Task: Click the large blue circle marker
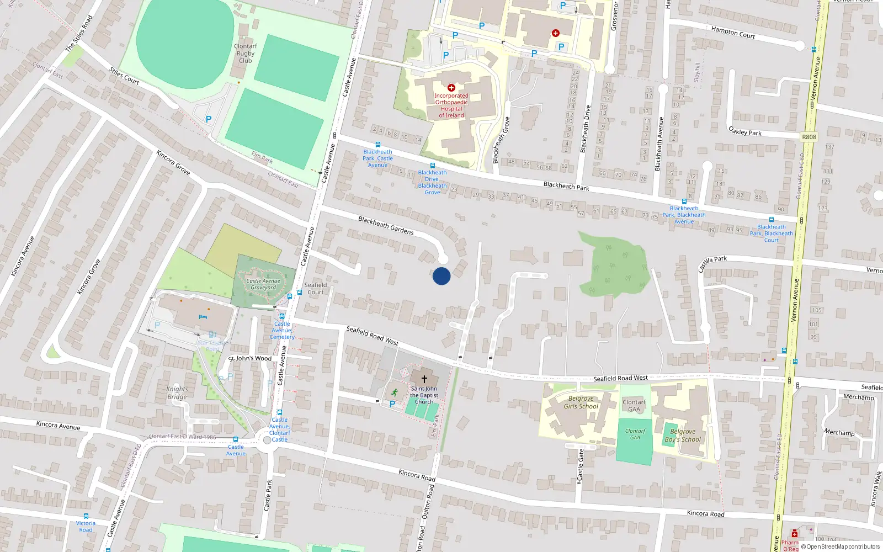pyautogui.click(x=441, y=276)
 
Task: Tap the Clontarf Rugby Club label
pyautogui.click(x=246, y=54)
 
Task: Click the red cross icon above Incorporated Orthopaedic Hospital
pyautogui.click(x=451, y=88)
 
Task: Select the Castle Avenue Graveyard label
pyautogui.click(x=263, y=284)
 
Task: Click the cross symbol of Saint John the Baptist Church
pyautogui.click(x=424, y=379)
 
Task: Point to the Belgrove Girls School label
pyautogui.click(x=581, y=402)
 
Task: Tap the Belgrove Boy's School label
pyautogui.click(x=683, y=436)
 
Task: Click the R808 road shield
pyautogui.click(x=809, y=137)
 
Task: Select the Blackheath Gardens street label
pyautogui.click(x=386, y=225)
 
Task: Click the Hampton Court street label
pyautogui.click(x=733, y=33)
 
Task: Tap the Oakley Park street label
pyautogui.click(x=745, y=132)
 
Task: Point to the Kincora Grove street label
pyautogui.click(x=173, y=163)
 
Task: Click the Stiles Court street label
pyautogui.click(x=124, y=76)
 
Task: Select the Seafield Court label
pyautogui.click(x=316, y=289)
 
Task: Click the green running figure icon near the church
pyautogui.click(x=395, y=392)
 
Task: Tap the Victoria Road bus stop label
pyautogui.click(x=86, y=526)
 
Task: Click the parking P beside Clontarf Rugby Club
pyautogui.click(x=209, y=119)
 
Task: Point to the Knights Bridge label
pyautogui.click(x=177, y=393)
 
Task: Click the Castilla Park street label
pyautogui.click(x=712, y=263)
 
